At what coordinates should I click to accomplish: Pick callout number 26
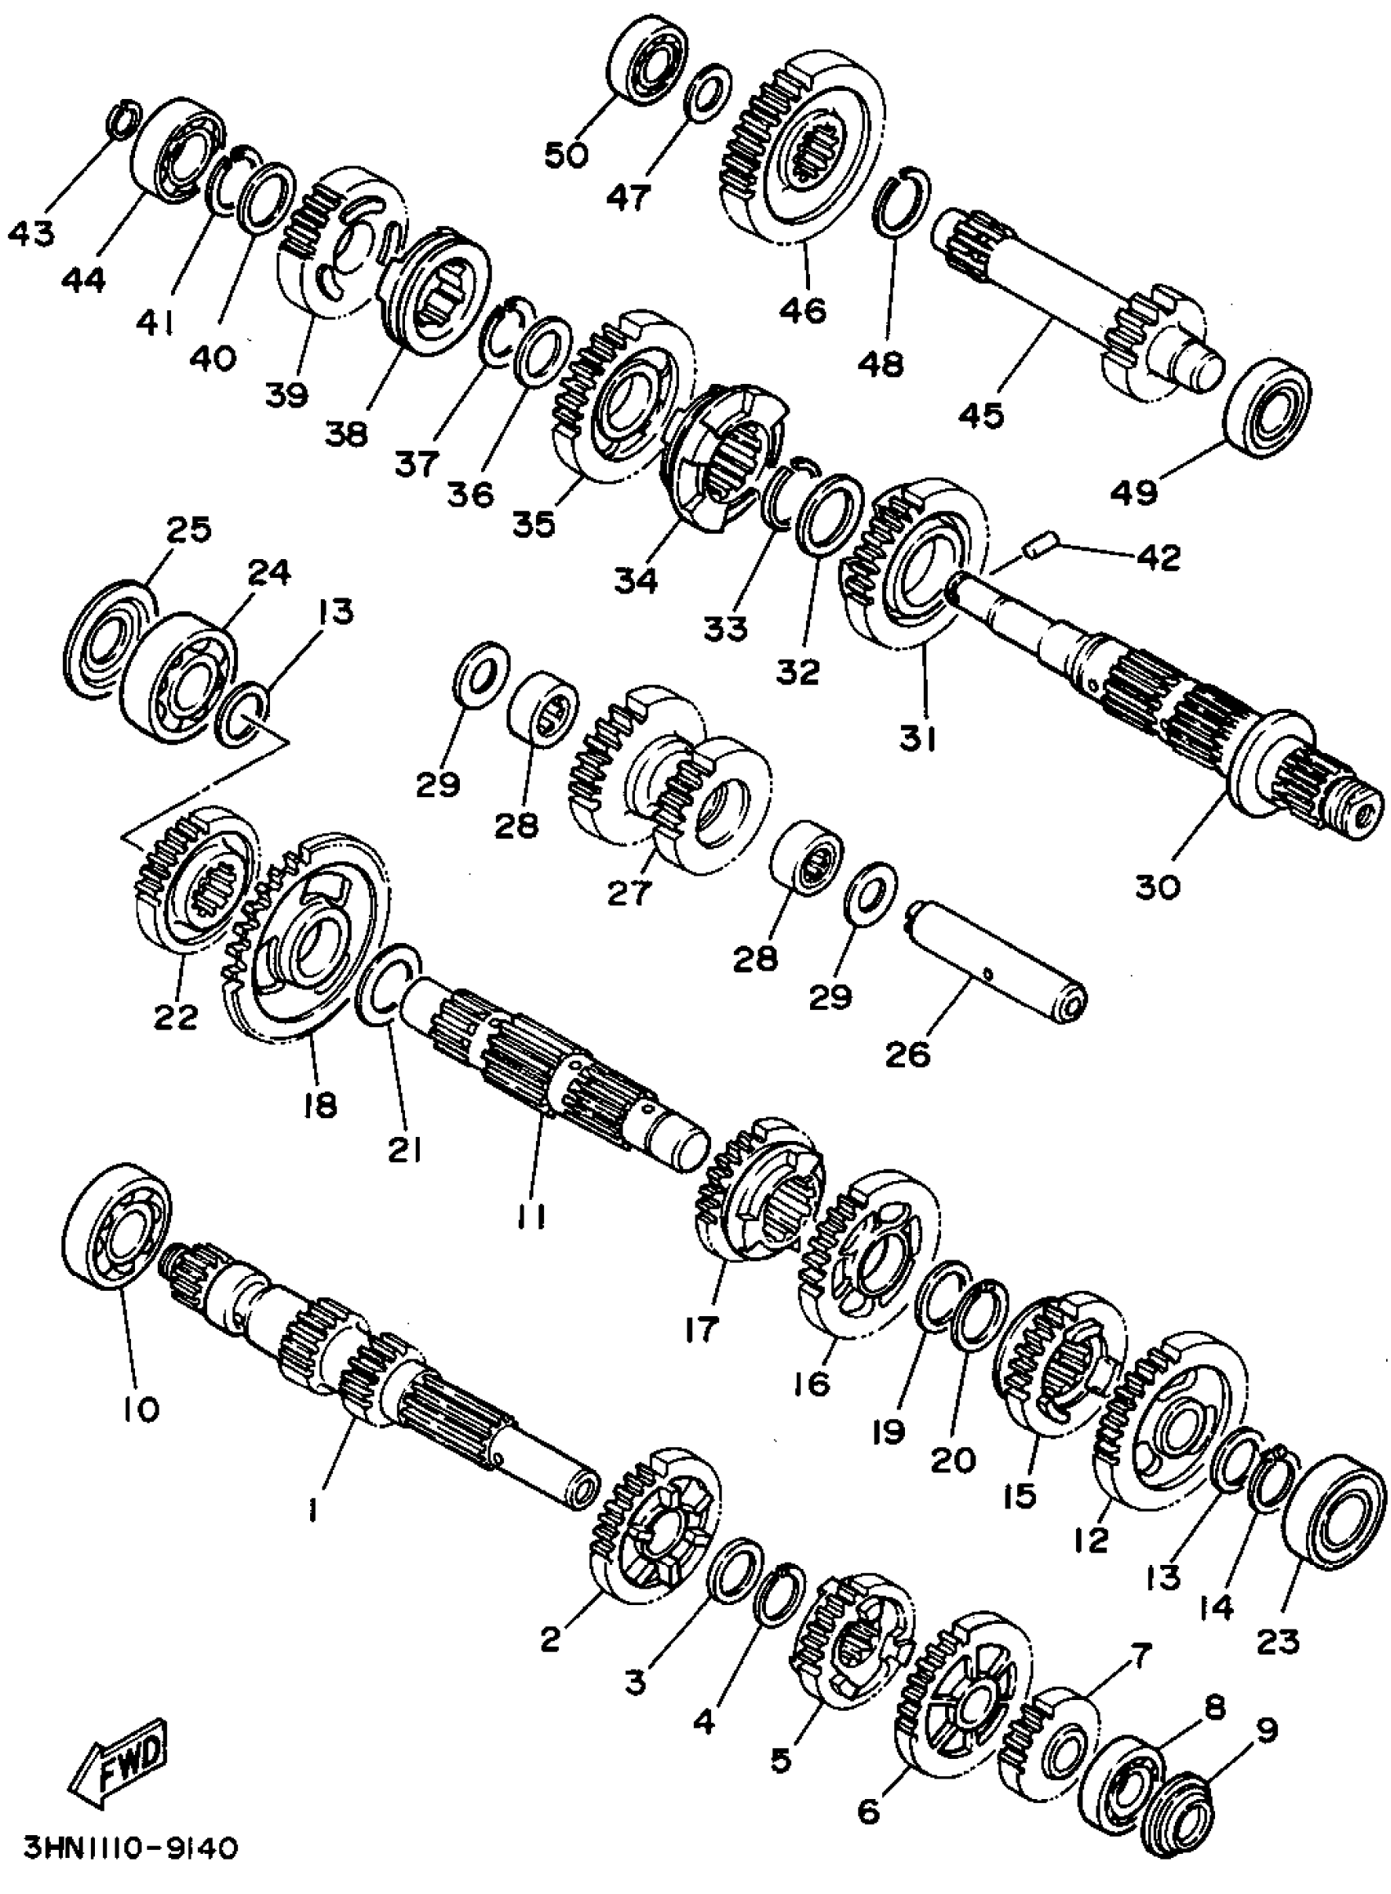(x=907, y=1053)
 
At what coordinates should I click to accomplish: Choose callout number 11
(x=531, y=1216)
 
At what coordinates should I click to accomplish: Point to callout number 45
(x=980, y=415)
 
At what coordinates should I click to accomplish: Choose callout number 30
(x=1158, y=886)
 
